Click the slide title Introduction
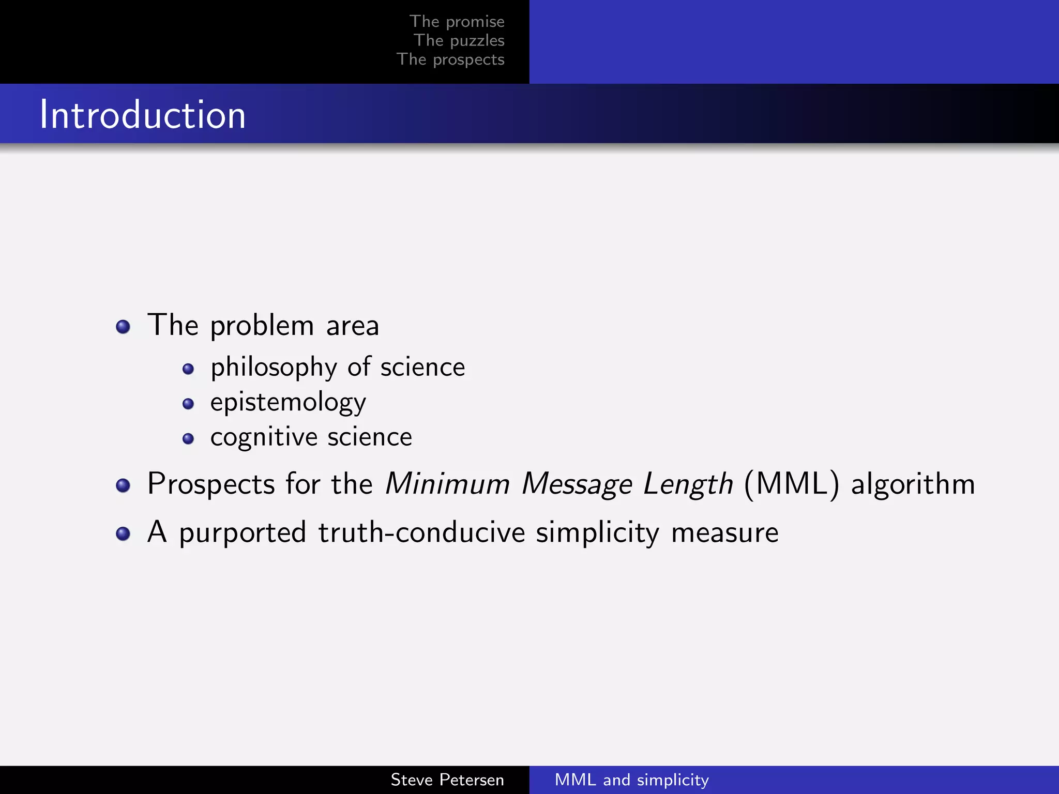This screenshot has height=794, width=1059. click(143, 114)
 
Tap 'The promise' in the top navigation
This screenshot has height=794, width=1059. click(457, 21)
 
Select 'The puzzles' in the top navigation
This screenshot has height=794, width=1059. click(459, 40)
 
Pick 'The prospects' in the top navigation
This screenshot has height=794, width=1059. click(450, 59)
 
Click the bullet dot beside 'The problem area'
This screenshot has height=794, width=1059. click(123, 327)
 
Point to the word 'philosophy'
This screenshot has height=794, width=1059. click(274, 368)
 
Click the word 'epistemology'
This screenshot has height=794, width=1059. click(288, 403)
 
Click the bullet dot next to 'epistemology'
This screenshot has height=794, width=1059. click(188, 404)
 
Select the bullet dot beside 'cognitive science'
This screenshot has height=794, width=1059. click(188, 439)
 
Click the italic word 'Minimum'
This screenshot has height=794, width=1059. click(448, 484)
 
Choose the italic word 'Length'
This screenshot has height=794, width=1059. click(688, 484)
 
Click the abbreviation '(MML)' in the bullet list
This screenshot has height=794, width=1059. click(792, 484)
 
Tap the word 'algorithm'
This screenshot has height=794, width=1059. click(913, 484)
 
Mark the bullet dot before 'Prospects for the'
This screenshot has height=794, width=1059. click(123, 485)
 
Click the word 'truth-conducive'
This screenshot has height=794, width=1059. click(421, 532)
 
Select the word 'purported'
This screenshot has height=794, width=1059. click(243, 533)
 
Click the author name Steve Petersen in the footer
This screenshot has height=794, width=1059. click(447, 780)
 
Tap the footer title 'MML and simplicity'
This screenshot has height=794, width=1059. click(631, 780)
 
